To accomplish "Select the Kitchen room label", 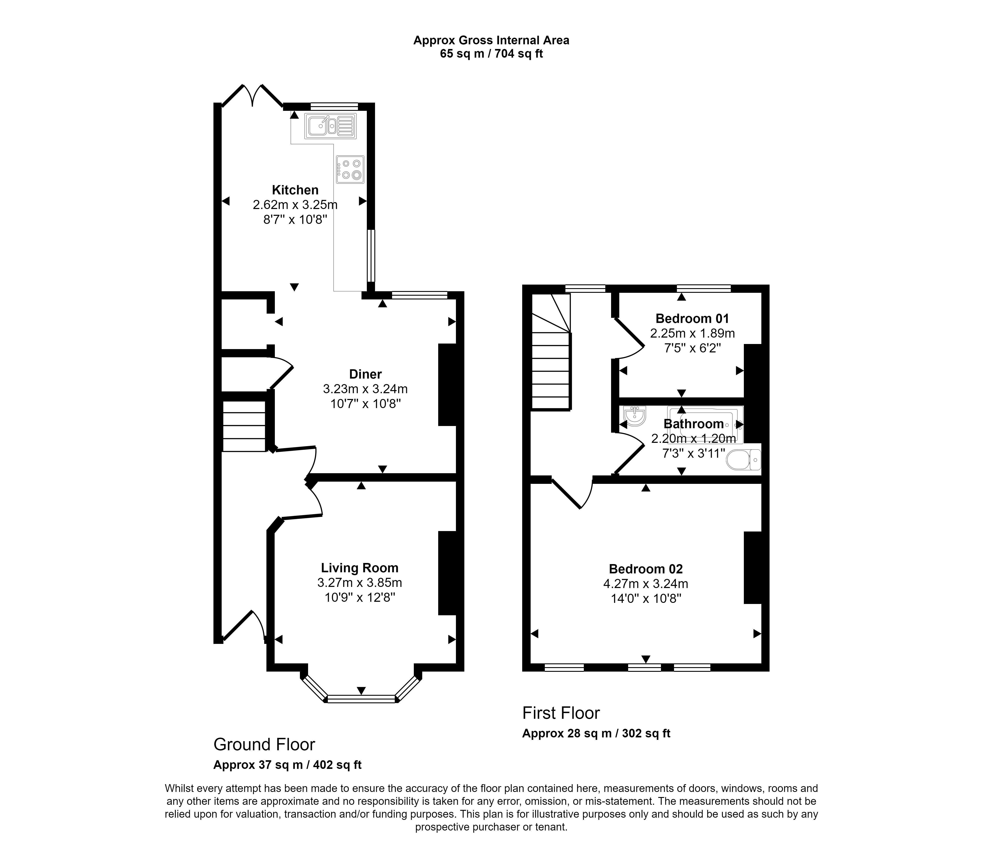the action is (x=295, y=190).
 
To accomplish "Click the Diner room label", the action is (x=365, y=374).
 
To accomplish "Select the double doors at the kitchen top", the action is (x=253, y=96).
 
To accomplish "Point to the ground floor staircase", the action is (x=244, y=426).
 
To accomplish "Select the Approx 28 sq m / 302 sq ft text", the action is (x=596, y=733).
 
